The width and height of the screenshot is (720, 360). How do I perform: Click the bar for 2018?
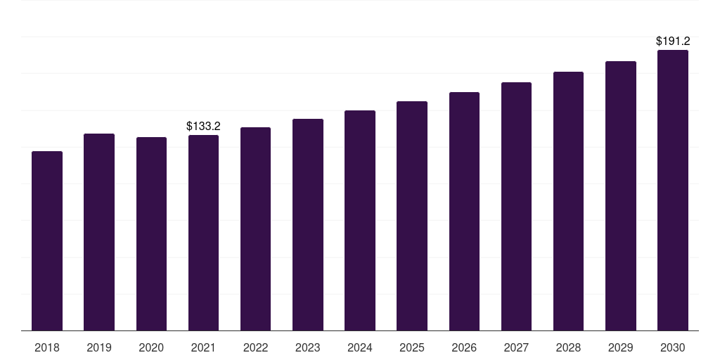[47, 240]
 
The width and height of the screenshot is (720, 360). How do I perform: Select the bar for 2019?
[99, 232]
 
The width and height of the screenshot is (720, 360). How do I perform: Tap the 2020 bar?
[151, 233]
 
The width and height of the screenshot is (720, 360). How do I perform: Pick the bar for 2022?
[255, 229]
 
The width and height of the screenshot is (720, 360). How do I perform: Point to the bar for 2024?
[360, 220]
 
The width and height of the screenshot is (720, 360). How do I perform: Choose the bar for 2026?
[464, 211]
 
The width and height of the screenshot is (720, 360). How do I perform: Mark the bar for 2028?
[568, 201]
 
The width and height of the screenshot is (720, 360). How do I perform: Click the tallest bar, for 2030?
[673, 190]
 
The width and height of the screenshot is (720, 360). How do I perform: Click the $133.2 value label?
[203, 127]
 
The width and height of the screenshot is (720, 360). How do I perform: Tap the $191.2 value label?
[673, 41]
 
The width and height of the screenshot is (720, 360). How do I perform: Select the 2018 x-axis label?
[47, 347]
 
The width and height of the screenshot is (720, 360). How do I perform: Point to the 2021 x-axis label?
[203, 347]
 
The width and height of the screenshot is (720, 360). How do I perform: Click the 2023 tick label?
[308, 347]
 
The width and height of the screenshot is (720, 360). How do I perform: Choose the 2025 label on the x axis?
[412, 347]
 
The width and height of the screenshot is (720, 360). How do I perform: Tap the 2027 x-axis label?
[516, 347]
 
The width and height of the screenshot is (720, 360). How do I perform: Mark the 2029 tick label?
[620, 347]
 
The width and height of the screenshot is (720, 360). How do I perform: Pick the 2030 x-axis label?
[673, 347]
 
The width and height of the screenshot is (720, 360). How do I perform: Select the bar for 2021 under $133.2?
[203, 233]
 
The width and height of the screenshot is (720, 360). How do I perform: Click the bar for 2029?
[621, 195]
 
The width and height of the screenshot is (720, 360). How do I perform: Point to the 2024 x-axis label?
[360, 347]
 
